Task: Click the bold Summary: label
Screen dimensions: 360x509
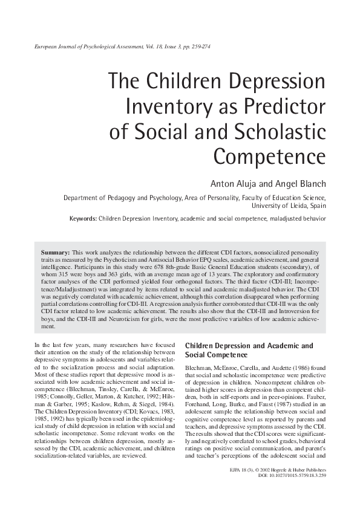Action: (x=55, y=251)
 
